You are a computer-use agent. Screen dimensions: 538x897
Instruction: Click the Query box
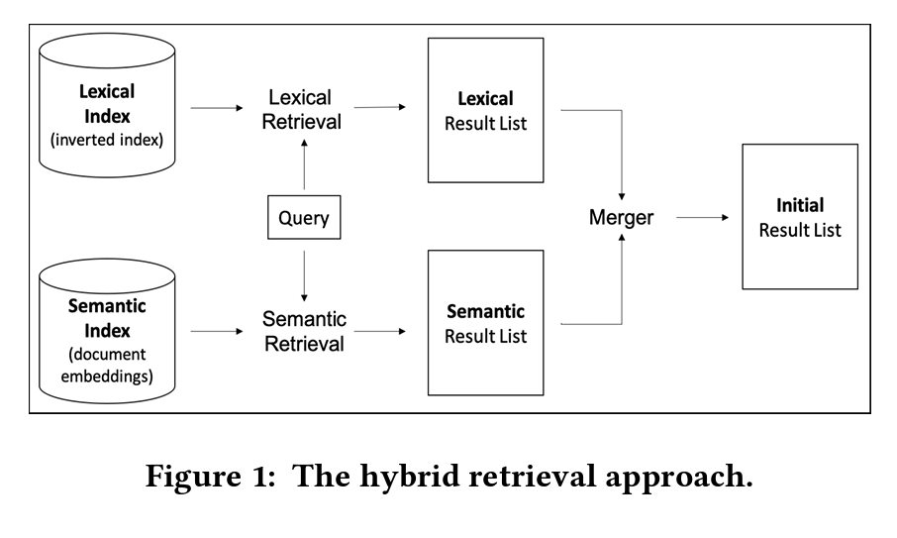click(304, 217)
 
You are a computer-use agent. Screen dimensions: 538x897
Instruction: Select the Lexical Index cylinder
click(107, 109)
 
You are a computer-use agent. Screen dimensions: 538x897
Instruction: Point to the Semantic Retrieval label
click(304, 331)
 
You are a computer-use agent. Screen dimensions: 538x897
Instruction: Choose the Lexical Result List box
click(485, 110)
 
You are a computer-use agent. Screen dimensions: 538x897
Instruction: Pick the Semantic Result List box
click(485, 322)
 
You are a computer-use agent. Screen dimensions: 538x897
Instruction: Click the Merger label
click(621, 217)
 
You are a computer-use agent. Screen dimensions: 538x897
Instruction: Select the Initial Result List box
click(800, 217)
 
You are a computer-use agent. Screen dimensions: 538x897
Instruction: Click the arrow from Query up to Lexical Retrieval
click(304, 163)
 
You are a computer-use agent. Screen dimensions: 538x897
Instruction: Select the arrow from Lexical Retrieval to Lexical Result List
click(380, 106)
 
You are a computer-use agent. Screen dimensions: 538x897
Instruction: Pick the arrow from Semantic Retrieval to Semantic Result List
click(380, 330)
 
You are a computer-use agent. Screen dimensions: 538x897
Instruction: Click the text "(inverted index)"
click(107, 139)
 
